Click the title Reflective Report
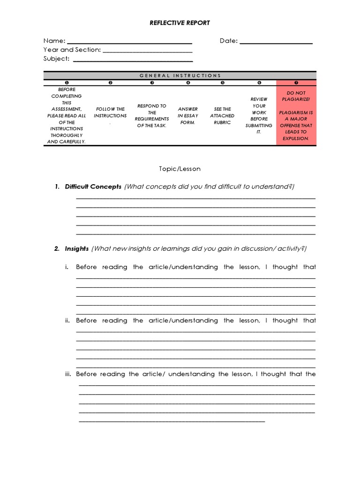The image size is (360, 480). tap(180, 22)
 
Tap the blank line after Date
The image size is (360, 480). tap(276, 43)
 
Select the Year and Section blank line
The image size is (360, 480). tap(147, 52)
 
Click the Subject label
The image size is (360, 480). tap(56, 59)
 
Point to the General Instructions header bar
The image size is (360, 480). tap(180, 75)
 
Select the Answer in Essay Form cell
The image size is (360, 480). tap(188, 116)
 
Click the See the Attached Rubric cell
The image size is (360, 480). tap(223, 116)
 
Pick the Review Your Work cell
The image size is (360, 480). tap(259, 116)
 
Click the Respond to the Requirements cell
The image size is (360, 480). tap(152, 116)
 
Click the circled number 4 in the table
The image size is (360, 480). tap(188, 82)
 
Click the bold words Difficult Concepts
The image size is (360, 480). tap(93, 187)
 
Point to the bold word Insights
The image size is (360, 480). tap(76, 248)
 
